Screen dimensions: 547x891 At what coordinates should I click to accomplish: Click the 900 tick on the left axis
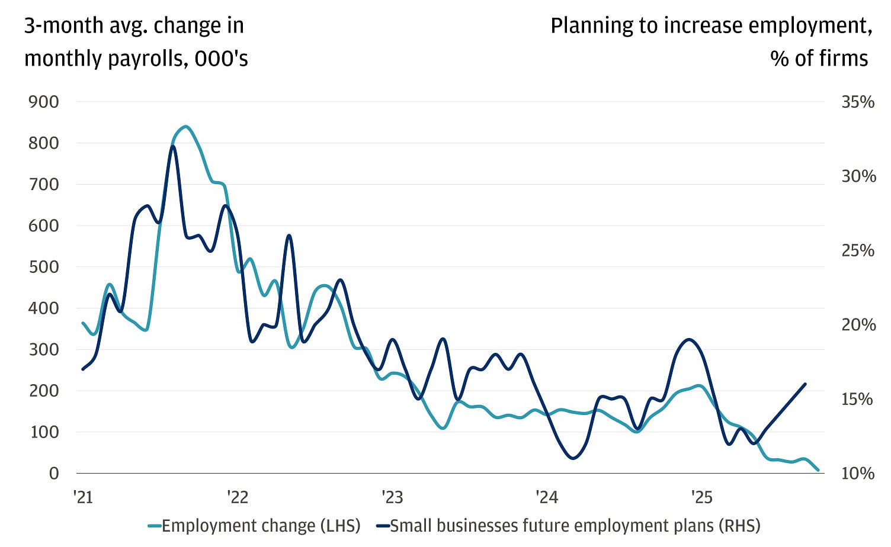[44, 102]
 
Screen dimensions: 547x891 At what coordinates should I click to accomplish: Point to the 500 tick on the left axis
[44, 267]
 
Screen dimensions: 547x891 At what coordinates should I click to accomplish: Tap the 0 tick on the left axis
[54, 473]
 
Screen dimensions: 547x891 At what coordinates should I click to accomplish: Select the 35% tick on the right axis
[858, 102]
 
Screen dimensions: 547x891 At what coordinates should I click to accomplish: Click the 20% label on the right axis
[858, 324]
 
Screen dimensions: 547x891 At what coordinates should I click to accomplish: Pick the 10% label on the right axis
[858, 473]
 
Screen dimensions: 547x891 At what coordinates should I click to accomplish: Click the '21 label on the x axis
[84, 497]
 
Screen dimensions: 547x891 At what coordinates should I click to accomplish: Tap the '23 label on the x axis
[392, 497]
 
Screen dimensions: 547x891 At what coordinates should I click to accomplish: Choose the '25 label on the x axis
[701, 497]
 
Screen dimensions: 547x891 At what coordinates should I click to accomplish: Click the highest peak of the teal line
[186, 126]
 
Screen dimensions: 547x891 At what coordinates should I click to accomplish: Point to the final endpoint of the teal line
[818, 470]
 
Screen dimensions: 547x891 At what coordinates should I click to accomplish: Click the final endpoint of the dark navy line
[806, 384]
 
